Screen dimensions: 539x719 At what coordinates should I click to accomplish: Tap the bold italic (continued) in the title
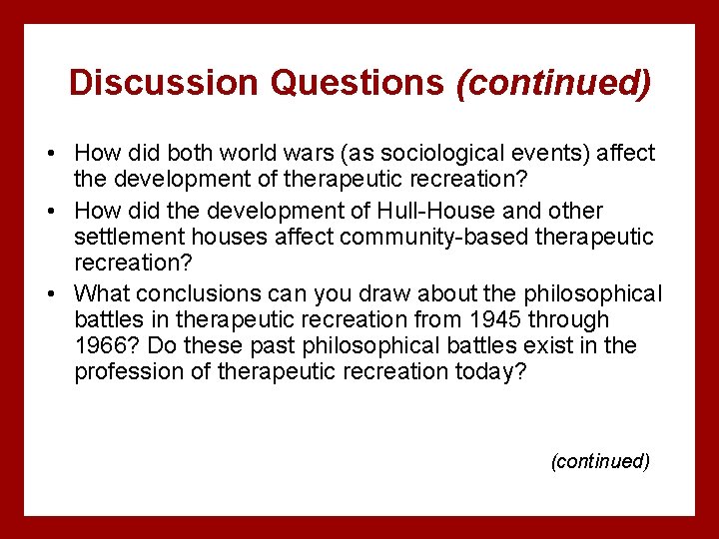pyautogui.click(x=553, y=83)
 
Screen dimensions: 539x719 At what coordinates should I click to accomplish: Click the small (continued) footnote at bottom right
pyautogui.click(x=600, y=461)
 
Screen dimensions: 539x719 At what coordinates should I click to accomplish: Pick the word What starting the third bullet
pyautogui.click(x=102, y=293)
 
